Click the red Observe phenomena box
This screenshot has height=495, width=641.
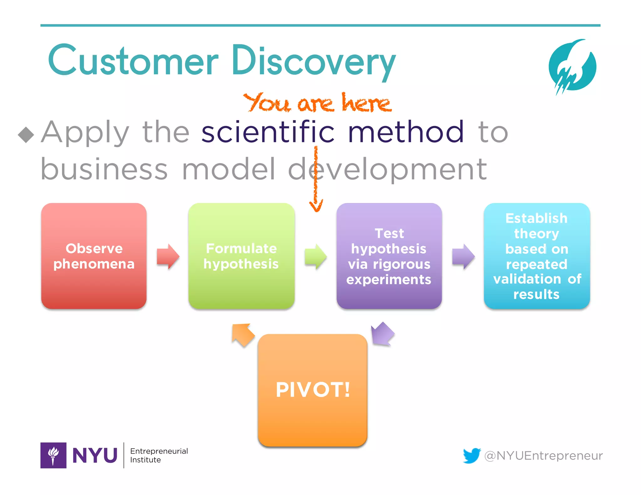click(x=94, y=256)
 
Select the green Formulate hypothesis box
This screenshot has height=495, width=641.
click(x=241, y=256)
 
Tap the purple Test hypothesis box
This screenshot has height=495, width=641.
click(x=389, y=256)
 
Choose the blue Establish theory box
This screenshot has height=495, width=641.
click(x=537, y=256)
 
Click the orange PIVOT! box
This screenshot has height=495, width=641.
click(x=312, y=390)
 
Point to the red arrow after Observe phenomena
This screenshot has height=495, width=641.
click(x=168, y=256)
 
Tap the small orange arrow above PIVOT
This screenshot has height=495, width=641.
click(x=243, y=335)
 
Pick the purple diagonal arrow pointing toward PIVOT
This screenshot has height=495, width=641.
click(x=382, y=334)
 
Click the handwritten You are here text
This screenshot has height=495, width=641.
click(x=317, y=103)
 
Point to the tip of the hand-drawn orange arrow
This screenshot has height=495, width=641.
click(x=316, y=210)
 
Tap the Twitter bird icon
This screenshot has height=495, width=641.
click(x=472, y=455)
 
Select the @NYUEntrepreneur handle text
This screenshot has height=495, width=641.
click(x=543, y=456)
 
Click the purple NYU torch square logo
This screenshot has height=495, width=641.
click(x=53, y=455)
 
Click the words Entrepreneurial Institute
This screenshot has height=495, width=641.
click(x=159, y=455)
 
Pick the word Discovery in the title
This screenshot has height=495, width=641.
click(x=313, y=61)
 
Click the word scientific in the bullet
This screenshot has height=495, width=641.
click(x=268, y=132)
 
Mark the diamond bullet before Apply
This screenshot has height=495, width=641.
click(x=26, y=135)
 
